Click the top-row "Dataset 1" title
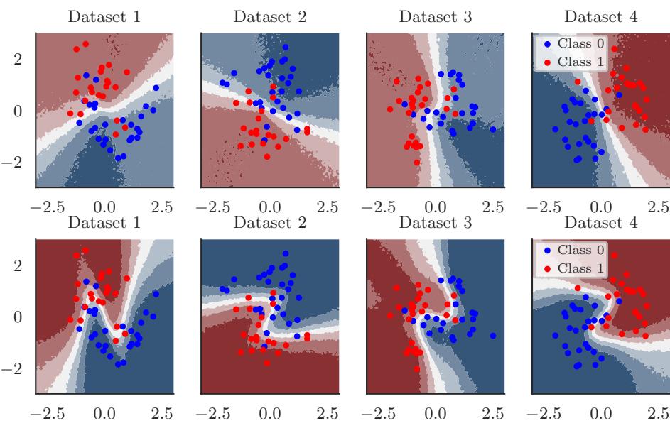104,16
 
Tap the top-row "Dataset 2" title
269,16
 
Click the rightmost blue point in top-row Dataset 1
156,88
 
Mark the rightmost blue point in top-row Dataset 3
493,129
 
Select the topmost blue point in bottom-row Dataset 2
285,253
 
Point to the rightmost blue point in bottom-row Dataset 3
493,335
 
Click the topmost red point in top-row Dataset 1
85,44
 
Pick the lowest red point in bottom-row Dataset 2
267,363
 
